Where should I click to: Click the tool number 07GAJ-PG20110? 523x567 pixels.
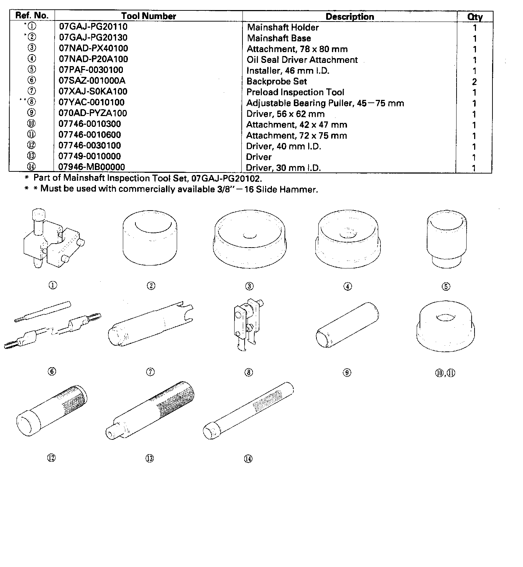93,27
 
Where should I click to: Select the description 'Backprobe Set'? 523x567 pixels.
277,82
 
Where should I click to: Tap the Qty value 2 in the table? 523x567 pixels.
474,82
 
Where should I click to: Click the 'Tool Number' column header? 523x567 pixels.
148,16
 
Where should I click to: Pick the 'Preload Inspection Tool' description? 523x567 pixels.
295,92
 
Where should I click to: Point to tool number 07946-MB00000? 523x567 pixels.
92,167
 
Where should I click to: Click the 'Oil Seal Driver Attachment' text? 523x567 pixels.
302,60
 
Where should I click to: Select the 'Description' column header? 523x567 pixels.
350,17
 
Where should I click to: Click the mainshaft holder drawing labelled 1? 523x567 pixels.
53,239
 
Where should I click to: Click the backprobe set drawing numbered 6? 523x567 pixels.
52,325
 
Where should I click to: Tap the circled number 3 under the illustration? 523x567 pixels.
249,286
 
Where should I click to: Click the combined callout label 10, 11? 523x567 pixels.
445,373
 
